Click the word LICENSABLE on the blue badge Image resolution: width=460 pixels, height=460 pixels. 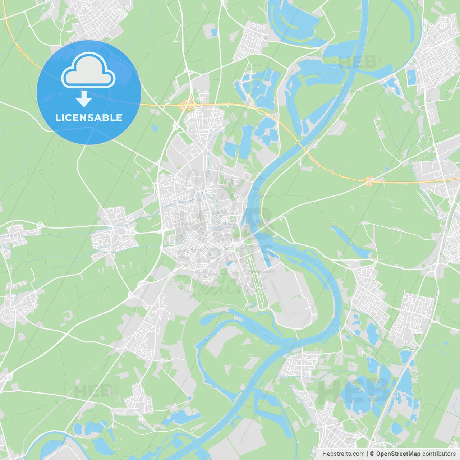89,118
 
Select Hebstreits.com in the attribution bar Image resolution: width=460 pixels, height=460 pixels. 343,454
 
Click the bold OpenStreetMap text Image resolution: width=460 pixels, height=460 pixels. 398,454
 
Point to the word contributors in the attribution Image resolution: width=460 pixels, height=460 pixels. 439,454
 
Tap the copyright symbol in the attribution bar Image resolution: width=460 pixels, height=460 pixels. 372,454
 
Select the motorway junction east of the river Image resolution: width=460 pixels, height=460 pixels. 369,181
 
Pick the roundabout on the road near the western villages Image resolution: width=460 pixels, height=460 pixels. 40,225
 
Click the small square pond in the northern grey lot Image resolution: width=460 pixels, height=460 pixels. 214,33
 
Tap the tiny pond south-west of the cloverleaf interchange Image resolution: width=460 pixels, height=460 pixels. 155,127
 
